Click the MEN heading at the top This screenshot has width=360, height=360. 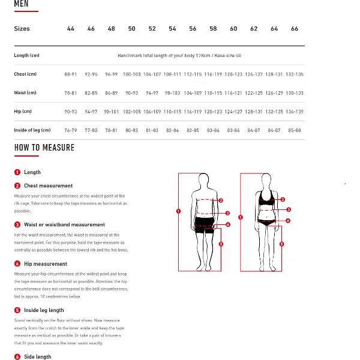21,4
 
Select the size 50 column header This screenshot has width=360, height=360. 131,29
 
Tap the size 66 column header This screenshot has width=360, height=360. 295,29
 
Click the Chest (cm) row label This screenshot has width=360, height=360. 25,74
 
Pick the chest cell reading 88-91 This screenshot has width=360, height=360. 70,74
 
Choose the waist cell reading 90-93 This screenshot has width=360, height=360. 131,93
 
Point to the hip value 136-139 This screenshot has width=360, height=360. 295,112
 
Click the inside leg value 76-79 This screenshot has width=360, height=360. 70,130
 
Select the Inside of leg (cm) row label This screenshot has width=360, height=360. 32,130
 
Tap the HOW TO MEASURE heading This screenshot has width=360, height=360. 44,148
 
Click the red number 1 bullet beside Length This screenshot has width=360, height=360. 17,172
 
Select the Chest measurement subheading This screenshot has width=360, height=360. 48,186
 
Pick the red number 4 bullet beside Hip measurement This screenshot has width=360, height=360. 17,264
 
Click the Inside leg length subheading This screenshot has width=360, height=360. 44,310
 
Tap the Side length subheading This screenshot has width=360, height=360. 37,357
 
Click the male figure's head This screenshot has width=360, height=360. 204,179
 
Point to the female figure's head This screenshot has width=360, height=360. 266,181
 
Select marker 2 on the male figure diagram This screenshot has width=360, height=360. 221,200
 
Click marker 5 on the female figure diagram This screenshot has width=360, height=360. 281,244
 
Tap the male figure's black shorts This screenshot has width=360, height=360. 205,224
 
